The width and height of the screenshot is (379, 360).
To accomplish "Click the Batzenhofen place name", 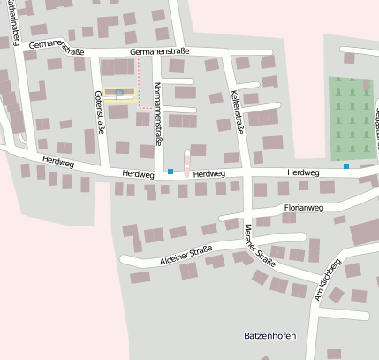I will tap(269, 337).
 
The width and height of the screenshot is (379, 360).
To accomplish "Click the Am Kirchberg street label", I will tap(328, 281).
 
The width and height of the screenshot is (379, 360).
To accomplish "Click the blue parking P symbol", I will tap(118, 92).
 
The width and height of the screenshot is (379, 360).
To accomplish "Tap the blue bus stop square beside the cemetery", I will tap(346, 165).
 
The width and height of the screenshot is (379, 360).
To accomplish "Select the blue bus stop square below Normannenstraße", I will tap(170, 171).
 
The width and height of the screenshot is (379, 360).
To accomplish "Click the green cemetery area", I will tap(352, 119).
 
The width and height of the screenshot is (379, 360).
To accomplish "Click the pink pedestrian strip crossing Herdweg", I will tap(186, 163).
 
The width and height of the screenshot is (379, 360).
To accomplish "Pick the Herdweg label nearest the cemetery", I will tap(303, 172).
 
